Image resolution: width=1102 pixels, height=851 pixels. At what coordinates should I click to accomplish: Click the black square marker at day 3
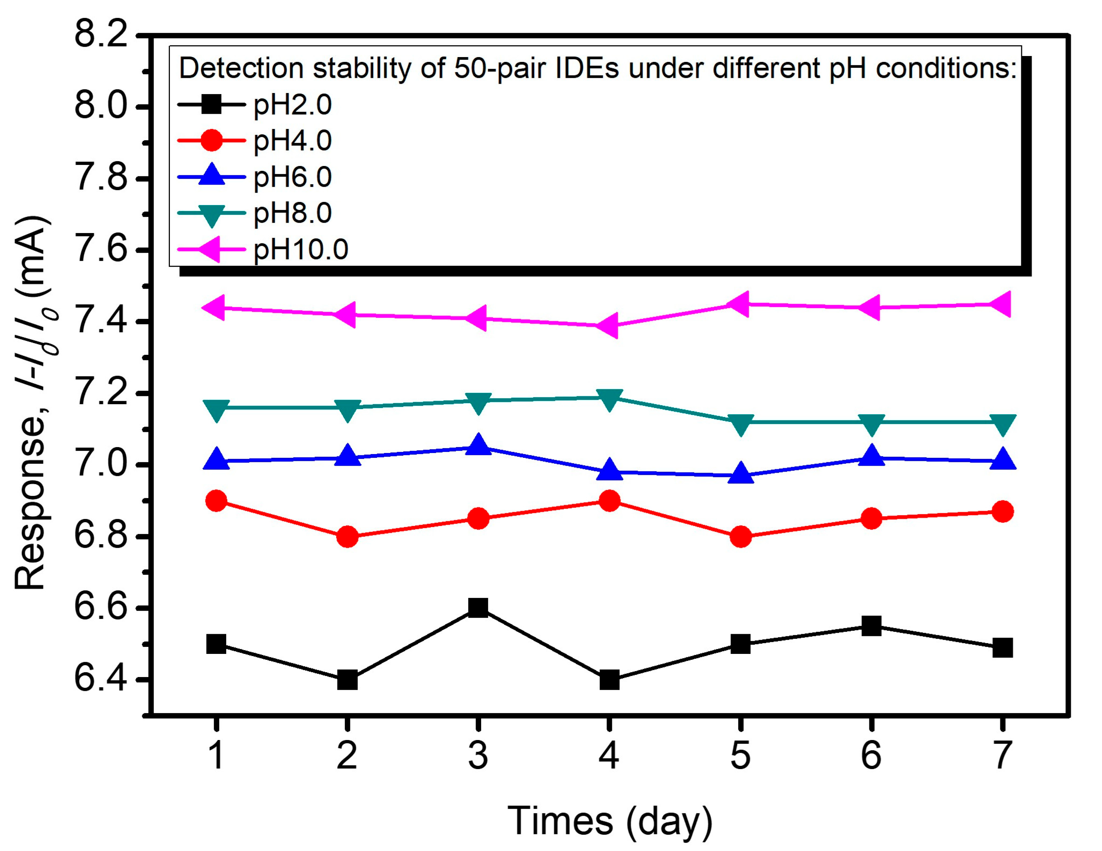click(478, 608)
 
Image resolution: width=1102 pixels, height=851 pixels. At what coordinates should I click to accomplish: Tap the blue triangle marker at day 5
click(740, 474)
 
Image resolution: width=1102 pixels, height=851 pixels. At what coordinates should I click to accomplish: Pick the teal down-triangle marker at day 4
click(609, 399)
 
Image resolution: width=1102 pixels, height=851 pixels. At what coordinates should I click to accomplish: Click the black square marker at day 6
click(871, 626)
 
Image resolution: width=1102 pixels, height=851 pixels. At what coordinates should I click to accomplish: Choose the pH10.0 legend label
click(301, 249)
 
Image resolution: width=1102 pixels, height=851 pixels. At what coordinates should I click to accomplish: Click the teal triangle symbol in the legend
click(212, 214)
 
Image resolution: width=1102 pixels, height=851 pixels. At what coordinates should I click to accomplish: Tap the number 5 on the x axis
click(740, 756)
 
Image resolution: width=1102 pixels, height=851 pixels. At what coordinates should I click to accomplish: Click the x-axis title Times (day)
click(609, 821)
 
